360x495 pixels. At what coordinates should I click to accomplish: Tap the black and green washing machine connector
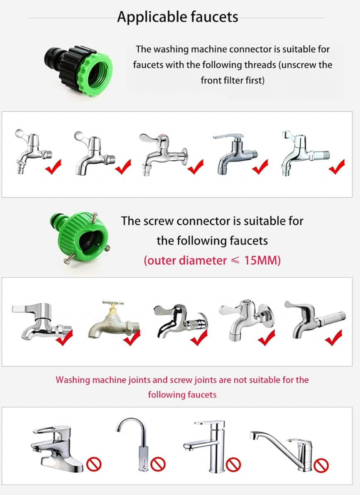pos(78,70)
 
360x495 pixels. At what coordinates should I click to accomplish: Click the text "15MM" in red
pos(262,260)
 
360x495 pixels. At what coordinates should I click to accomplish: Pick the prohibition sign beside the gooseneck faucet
pos(158,464)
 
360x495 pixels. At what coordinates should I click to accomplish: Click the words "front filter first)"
pos(233,81)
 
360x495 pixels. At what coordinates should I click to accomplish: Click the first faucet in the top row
pos(33,151)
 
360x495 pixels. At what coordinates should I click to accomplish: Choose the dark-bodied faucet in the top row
pos(235,154)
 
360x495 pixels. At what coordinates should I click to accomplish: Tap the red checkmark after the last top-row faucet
pos(337,167)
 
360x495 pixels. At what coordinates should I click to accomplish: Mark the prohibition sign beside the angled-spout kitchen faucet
pos(321,465)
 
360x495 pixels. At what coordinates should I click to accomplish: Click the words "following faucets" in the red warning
pos(182,395)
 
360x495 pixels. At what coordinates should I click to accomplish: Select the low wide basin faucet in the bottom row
pos(57,448)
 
